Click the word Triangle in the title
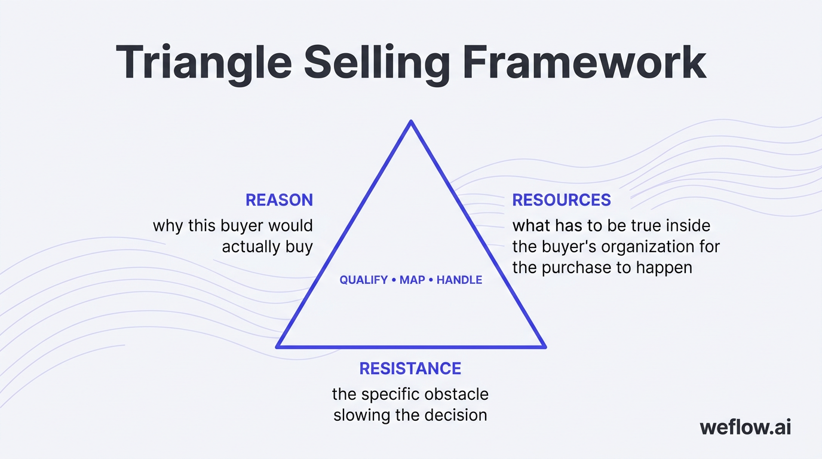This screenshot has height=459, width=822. pyautogui.click(x=203, y=63)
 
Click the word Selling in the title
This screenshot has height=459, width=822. pyautogui.click(x=377, y=63)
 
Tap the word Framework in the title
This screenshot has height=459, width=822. pyautogui.click(x=585, y=63)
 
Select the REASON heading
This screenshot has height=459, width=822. pyautogui.click(x=279, y=200)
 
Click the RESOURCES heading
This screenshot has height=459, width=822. pyautogui.click(x=562, y=200)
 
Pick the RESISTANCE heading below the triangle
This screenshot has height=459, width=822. pyautogui.click(x=410, y=368)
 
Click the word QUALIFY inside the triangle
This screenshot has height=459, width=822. pyautogui.click(x=364, y=280)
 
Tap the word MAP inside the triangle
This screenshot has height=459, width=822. pyautogui.click(x=412, y=280)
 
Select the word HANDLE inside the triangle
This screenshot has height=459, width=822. pyautogui.click(x=459, y=280)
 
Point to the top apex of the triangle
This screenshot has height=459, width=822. pyautogui.click(x=411, y=123)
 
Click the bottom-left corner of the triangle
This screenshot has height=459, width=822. pyautogui.click(x=278, y=346)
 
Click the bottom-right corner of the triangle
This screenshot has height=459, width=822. pyautogui.click(x=544, y=346)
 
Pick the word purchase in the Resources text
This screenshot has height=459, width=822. pyautogui.click(x=576, y=267)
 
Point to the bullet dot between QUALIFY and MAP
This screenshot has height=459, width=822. pyautogui.click(x=394, y=280)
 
